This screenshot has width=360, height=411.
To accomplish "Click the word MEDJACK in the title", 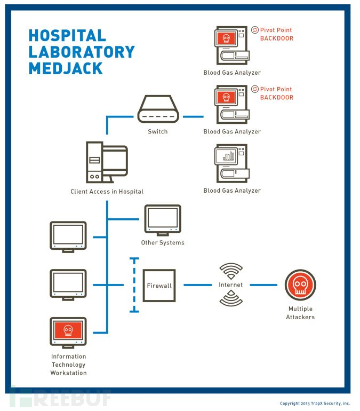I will point(66,68).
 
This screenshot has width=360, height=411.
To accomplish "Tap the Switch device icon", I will point(158,110).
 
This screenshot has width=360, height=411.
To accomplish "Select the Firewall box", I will point(159,286).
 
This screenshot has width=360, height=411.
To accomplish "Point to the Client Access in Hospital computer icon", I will point(107,163).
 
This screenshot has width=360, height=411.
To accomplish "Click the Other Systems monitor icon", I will point(163,219).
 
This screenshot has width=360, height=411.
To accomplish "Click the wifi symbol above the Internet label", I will point(230,271).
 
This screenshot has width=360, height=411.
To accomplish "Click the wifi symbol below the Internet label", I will point(230,299).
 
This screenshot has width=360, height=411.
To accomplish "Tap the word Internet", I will point(230,285).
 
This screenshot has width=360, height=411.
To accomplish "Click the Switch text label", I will point(158,132).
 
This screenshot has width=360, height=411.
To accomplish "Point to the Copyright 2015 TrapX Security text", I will point(315,404).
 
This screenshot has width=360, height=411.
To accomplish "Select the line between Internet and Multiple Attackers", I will point(263,285).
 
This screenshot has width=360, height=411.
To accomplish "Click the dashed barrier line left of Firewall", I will point(134,286).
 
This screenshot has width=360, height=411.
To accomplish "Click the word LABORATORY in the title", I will point(81,52).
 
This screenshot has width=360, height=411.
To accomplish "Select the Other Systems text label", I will point(163,243).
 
